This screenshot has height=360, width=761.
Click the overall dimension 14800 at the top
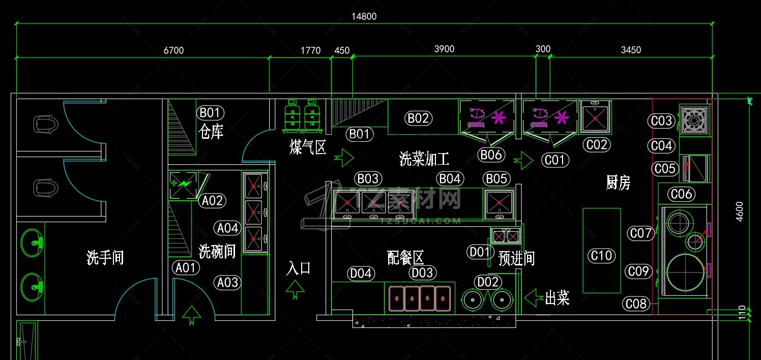pos(364,16)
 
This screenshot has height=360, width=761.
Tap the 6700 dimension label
pos(173,50)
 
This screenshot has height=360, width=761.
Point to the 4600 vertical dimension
pos(740,212)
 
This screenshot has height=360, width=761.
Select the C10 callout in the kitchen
pos(602,255)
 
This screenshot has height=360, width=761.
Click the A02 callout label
pos(213,201)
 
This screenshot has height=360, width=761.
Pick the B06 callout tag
pos(491,155)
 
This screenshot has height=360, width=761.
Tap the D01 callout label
pos(479,252)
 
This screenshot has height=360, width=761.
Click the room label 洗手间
pos(105,258)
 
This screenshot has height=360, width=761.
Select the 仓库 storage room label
pos(211,132)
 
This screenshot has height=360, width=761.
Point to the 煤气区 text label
pos(307,147)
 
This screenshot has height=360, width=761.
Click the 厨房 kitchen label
pos(618,183)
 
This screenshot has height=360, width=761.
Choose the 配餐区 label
pos(405,258)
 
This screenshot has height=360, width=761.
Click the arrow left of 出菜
pos(533,297)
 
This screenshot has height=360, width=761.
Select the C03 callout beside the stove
pos(662,121)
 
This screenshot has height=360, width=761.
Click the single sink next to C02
pos(595,116)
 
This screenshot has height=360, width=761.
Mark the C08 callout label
pos(636,304)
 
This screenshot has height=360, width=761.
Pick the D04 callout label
pos(361,274)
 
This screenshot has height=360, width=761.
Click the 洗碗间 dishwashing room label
pos(217,251)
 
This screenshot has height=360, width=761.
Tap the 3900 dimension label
pos(444,49)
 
